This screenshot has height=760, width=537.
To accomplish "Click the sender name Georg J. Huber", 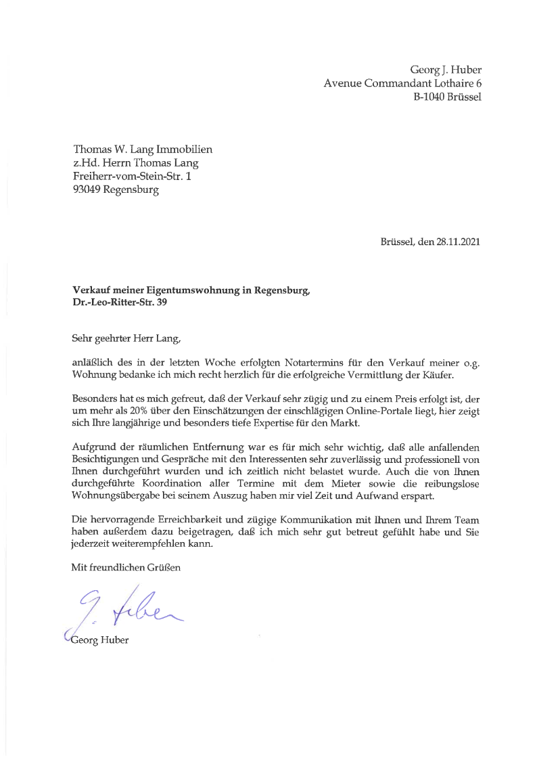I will [445, 70].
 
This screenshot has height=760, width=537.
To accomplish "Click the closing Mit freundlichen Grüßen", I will [126, 568].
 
